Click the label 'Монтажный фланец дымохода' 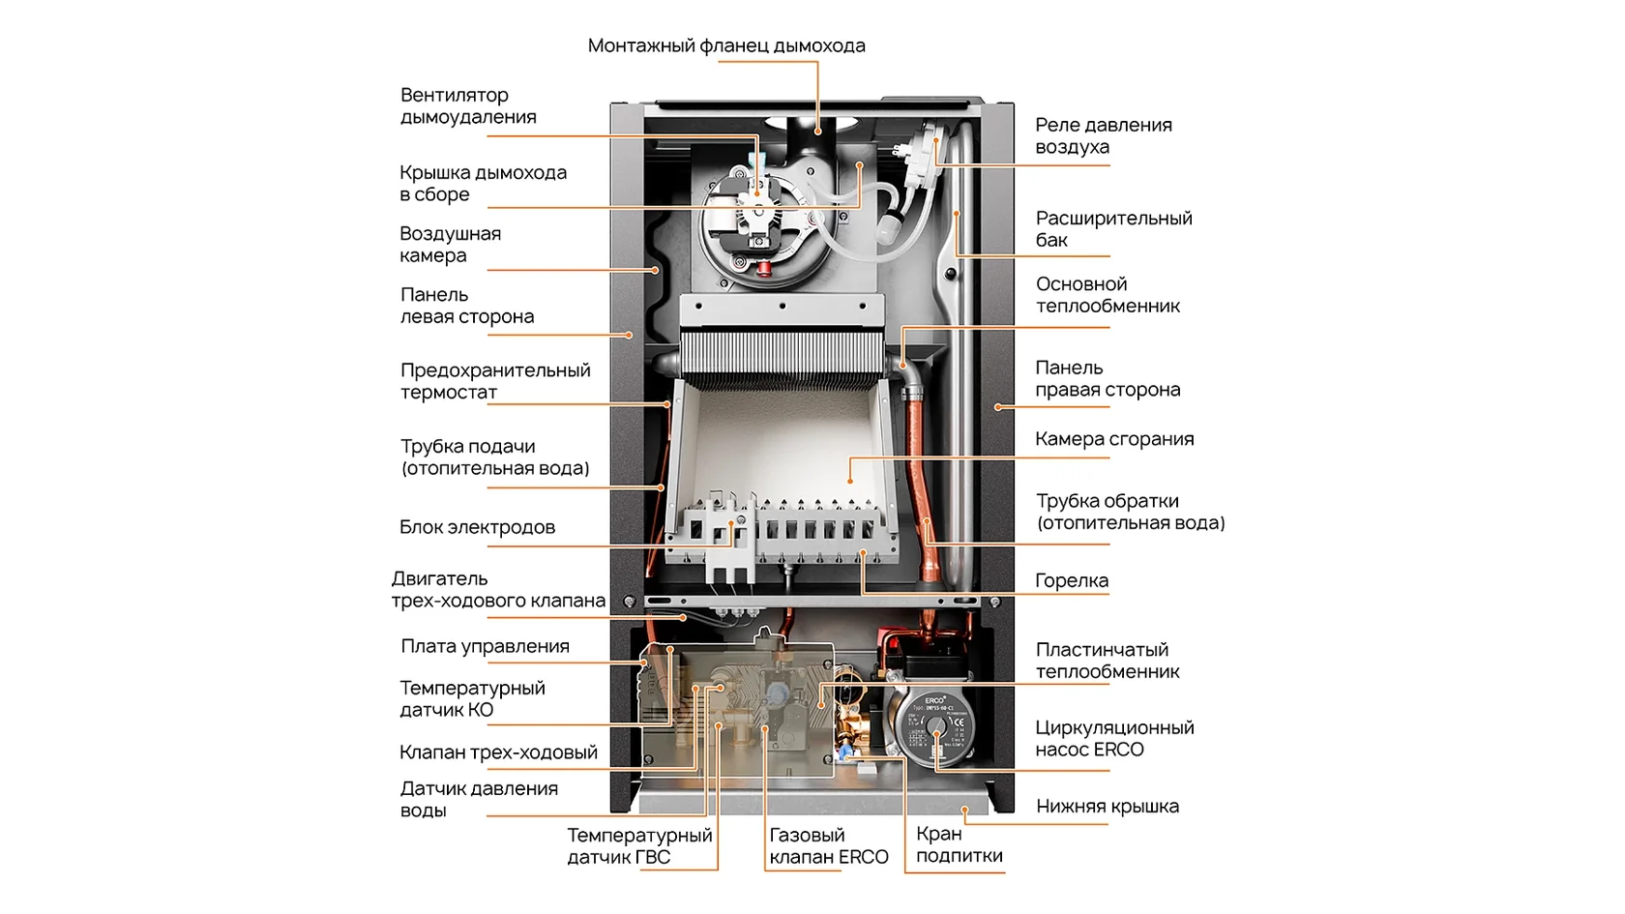coord(726,45)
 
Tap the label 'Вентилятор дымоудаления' coord(468,106)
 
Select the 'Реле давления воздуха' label coord(1104,135)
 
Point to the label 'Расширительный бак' coord(1113,229)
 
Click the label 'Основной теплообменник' coord(1108,295)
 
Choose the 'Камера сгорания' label coord(1114,439)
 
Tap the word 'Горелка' coord(1072,580)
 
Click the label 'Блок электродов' coord(478,526)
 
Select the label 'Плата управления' coord(485,646)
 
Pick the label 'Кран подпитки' coord(960,844)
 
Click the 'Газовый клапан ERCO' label coord(828,845)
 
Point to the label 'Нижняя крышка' coord(1107,806)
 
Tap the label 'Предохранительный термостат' coord(495,381)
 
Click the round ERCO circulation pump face coord(935,726)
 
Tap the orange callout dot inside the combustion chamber coord(850,480)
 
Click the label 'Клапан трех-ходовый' coord(498,752)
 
